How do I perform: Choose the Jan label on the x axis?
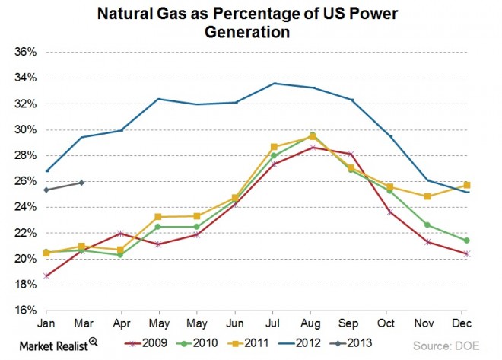(x=46, y=322)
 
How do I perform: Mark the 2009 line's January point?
(x=47, y=276)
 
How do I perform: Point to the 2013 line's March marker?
(x=81, y=183)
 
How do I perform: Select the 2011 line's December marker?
(x=466, y=185)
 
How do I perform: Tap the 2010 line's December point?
(x=466, y=241)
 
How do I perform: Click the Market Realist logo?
(x=58, y=344)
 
